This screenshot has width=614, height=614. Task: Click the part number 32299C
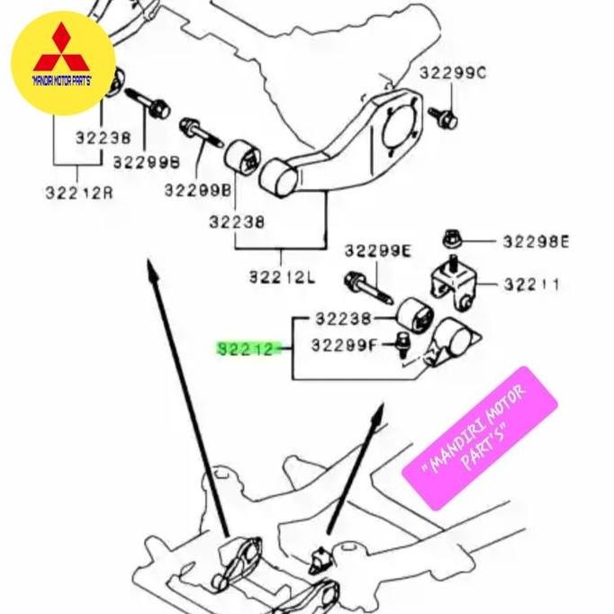tap(452, 73)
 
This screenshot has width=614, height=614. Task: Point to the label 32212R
tap(79, 193)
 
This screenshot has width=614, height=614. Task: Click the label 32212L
tap(282, 277)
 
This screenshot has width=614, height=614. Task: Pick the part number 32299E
tap(377, 251)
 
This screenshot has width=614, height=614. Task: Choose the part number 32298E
tap(537, 241)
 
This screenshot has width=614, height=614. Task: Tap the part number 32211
tap(531, 284)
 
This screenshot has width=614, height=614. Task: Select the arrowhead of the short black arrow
tap(378, 414)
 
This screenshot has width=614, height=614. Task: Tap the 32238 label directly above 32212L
tap(237, 221)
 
